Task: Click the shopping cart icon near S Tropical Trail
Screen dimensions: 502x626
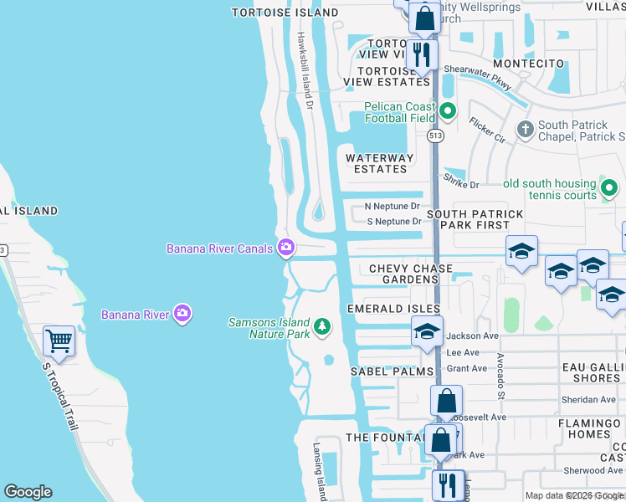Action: pos(59,341)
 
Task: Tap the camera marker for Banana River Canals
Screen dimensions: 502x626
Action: pos(287,247)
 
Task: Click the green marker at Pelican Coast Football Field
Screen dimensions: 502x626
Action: pos(448,110)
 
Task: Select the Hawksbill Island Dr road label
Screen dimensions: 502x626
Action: pos(304,71)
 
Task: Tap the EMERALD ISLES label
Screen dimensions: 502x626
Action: pos(393,309)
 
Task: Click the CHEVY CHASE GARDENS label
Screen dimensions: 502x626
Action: pos(411,274)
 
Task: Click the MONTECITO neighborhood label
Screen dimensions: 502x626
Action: pos(534,64)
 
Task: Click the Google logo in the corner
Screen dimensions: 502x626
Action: pos(28,492)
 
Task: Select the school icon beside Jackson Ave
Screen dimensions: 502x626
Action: pos(427,333)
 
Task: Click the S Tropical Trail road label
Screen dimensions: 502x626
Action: pos(61,393)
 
